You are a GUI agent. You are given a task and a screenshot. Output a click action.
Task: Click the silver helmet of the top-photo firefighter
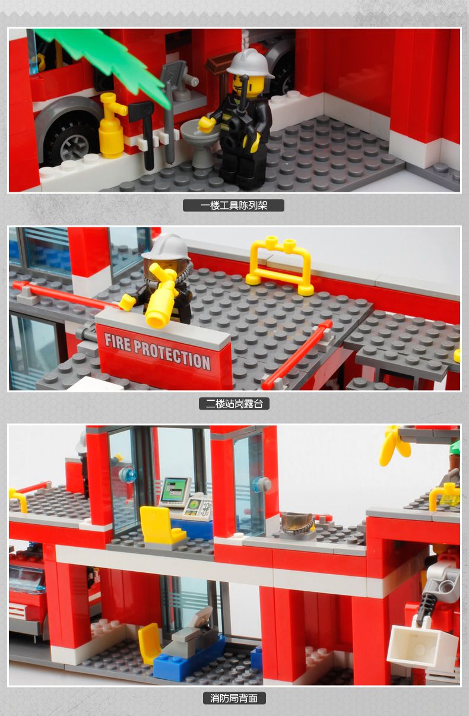tap(250, 64)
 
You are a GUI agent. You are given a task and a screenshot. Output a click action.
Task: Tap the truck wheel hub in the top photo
tap(74, 146)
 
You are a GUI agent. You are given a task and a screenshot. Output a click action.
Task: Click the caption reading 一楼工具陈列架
tap(234, 205)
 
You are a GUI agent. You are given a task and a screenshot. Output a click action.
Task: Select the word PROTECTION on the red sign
tap(172, 354)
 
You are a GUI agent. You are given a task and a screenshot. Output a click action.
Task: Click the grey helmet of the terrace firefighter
tap(166, 247)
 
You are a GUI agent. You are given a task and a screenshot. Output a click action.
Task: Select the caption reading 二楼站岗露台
tap(234, 404)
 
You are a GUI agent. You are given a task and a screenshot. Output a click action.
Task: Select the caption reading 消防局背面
tap(234, 698)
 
